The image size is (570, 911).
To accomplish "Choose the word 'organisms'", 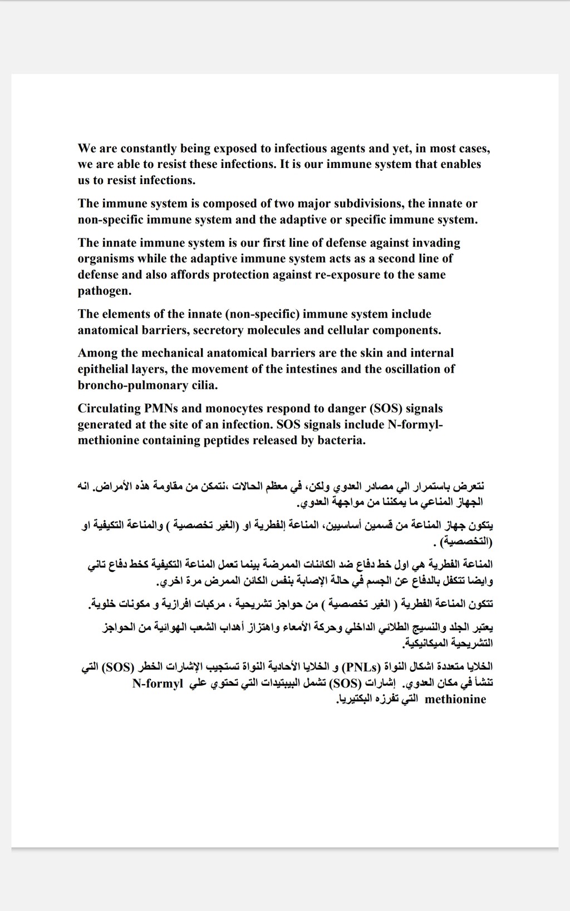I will tap(105, 259).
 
